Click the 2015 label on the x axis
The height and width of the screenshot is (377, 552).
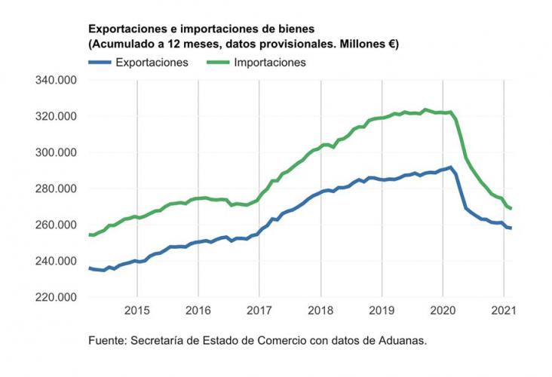(x=137, y=310)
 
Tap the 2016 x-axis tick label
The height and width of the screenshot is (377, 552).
(x=198, y=310)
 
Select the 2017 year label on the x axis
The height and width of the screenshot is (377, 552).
(x=259, y=310)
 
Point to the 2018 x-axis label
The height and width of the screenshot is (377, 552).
(x=320, y=310)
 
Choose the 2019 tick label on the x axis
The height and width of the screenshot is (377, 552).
(x=382, y=310)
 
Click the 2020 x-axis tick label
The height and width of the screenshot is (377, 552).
(x=443, y=310)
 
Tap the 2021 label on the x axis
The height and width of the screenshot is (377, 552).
(x=504, y=310)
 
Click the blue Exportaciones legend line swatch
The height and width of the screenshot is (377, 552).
(x=100, y=63)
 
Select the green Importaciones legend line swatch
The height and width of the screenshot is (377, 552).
(x=218, y=63)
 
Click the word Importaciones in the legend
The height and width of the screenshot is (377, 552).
(x=269, y=63)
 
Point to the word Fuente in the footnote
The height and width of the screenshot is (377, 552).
(x=106, y=340)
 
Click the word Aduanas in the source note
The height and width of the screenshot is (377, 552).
(x=401, y=340)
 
